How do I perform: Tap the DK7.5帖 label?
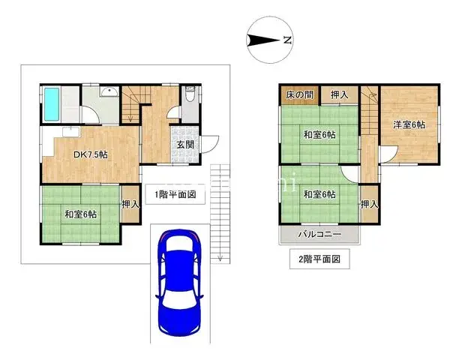click(x=89, y=155)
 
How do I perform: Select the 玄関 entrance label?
click(x=185, y=145)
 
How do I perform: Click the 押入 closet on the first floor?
click(x=130, y=204)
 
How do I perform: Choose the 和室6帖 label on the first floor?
click(x=79, y=214)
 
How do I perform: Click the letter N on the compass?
click(x=286, y=42)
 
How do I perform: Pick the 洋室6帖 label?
click(x=409, y=124)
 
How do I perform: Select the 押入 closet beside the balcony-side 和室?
click(x=368, y=204)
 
